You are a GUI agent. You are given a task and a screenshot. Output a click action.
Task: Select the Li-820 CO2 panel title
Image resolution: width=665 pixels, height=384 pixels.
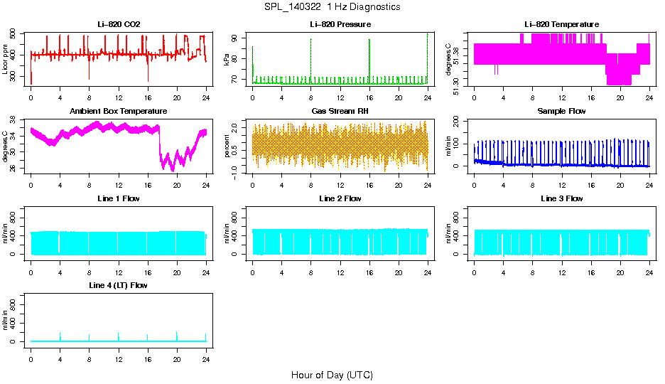tap(119, 24)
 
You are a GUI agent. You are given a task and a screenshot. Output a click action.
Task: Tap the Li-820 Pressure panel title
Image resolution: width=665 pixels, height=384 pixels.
tap(340, 24)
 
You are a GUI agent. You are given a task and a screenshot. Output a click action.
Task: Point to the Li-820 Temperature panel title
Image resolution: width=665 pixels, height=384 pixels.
tap(561, 24)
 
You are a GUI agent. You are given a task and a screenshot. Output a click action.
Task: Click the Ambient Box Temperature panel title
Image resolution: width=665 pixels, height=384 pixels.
tap(119, 112)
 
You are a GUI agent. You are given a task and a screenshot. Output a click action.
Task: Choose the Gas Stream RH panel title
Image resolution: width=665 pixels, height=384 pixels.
tap(340, 112)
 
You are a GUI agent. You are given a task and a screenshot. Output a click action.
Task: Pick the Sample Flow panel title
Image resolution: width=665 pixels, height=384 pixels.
tap(561, 112)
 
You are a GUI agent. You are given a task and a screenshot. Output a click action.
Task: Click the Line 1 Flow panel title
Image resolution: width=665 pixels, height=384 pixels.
tap(119, 198)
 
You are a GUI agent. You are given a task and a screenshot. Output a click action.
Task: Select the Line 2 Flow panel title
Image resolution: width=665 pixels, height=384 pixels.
tap(340, 198)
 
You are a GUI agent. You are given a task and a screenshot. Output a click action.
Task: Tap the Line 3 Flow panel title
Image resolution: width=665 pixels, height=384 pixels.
tap(561, 198)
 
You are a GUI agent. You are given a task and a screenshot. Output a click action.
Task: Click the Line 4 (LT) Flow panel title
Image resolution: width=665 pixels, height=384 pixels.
tap(119, 286)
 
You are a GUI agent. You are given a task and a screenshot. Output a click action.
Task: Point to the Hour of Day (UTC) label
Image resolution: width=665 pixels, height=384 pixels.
tap(332, 375)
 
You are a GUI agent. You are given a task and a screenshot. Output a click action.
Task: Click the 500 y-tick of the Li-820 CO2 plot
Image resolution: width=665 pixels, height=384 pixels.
tap(13, 34)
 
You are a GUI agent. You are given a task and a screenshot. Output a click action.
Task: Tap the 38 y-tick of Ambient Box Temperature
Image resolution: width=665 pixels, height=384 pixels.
tap(13, 121)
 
